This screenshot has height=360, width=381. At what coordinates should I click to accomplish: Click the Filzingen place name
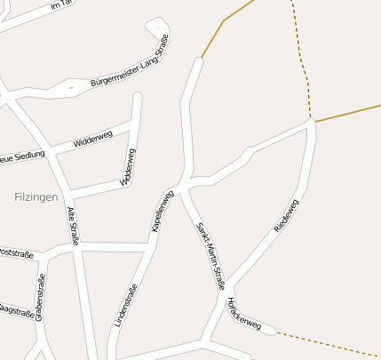(x=36, y=196)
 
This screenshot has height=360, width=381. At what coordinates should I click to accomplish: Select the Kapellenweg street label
(x=162, y=212)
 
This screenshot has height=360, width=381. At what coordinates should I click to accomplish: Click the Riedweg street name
(x=287, y=215)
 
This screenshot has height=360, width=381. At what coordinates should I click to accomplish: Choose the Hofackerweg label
(x=244, y=315)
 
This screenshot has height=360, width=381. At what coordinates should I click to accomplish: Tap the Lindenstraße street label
(x=126, y=305)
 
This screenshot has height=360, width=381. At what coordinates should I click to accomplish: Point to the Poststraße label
(x=17, y=254)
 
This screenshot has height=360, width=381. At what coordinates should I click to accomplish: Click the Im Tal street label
(x=60, y=6)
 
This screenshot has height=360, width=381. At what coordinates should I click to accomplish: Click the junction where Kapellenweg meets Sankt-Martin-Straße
(x=180, y=189)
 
